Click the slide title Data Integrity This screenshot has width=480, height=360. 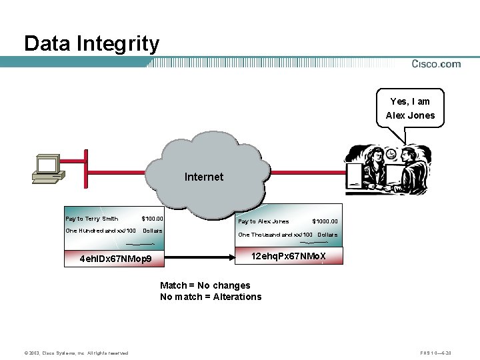point(92,44)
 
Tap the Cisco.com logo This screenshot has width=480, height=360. point(436,64)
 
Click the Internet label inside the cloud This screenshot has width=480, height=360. point(204,177)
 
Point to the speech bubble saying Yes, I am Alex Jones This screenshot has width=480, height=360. point(410,109)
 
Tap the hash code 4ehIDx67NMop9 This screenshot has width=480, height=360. point(115,259)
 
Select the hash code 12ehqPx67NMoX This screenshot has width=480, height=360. point(289,255)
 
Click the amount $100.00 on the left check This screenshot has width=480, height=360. point(153,219)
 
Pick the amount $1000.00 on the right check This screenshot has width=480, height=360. point(325,221)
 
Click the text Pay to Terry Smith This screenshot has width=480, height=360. point(91,219)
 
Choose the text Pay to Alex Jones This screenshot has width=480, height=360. point(263,221)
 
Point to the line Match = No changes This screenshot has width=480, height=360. point(205,285)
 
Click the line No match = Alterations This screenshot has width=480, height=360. point(211,297)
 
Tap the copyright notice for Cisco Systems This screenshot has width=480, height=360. point(76,353)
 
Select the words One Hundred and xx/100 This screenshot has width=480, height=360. point(101,231)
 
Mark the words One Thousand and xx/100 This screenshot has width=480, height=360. point(275,235)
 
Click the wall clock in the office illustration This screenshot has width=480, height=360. point(391,154)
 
